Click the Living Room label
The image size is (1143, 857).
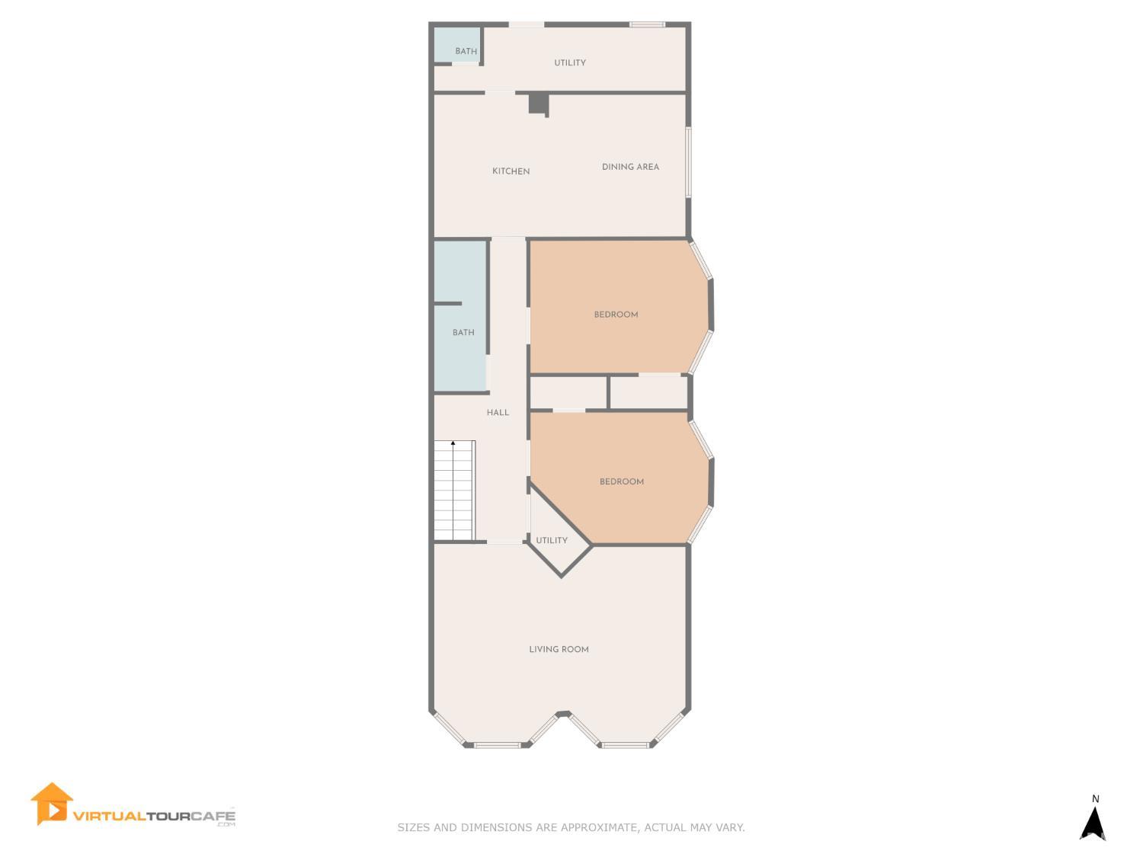pyautogui.click(x=559, y=650)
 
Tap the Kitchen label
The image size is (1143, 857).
pyautogui.click(x=511, y=171)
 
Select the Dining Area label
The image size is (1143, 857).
pyautogui.click(x=630, y=167)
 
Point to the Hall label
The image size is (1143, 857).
pyautogui.click(x=498, y=413)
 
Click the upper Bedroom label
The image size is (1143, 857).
pyautogui.click(x=616, y=315)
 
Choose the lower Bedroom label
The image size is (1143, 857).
pyautogui.click(x=621, y=481)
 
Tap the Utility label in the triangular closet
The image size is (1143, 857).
pyautogui.click(x=551, y=541)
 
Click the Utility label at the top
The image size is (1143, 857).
pyautogui.click(x=569, y=63)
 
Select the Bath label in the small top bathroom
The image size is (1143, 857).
pyautogui.click(x=466, y=52)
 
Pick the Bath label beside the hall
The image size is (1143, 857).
pyautogui.click(x=463, y=333)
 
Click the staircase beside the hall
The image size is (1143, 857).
pyautogui.click(x=454, y=491)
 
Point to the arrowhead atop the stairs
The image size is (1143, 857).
pyautogui.click(x=453, y=443)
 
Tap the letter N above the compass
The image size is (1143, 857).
pyautogui.click(x=1096, y=799)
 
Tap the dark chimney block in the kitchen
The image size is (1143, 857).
pyautogui.click(x=538, y=102)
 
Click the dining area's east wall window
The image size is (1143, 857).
pyautogui.click(x=688, y=162)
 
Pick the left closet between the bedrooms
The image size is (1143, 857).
pyautogui.click(x=568, y=392)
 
